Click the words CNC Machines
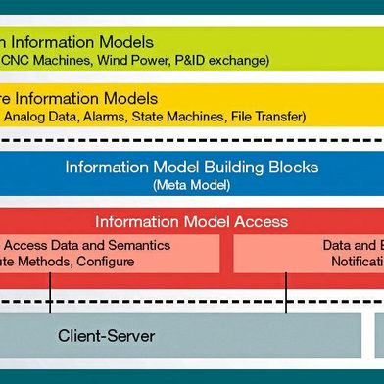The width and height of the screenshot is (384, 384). click(44, 61)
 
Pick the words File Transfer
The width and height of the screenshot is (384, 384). click(267, 118)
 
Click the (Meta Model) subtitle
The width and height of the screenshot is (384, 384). click(191, 183)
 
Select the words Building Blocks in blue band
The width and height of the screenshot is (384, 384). click(259, 167)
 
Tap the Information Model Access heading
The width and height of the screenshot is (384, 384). click(191, 221)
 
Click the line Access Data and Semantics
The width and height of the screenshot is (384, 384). click(88, 245)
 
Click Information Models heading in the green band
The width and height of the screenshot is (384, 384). click(77, 42)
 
